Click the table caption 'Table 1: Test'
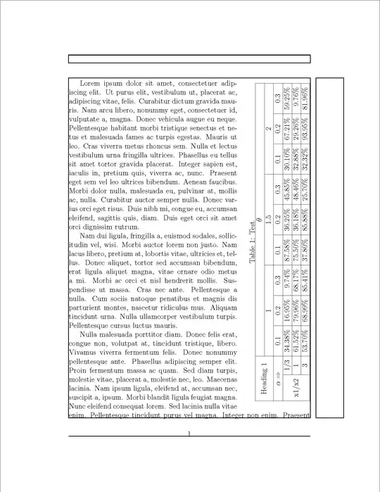[x=252, y=243]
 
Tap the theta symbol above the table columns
[x=261, y=220]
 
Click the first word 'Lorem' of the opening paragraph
[x=91, y=83]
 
